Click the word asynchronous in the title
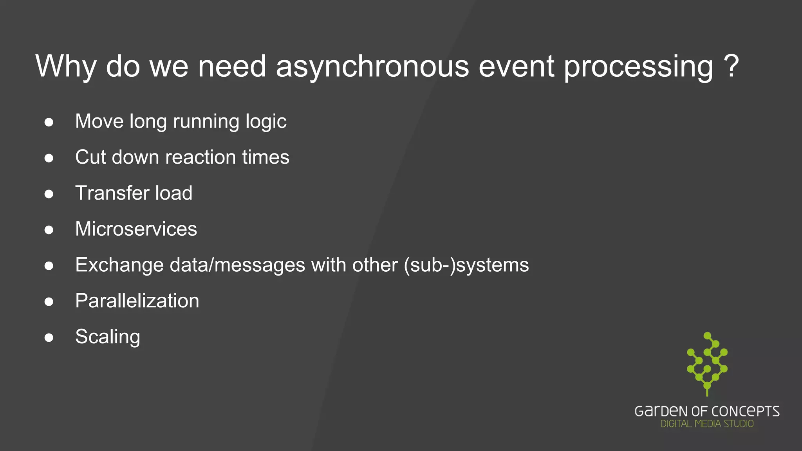pos(372,67)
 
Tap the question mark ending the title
pos(731,66)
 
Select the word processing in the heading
pos(638,67)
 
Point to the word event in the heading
pos(516,67)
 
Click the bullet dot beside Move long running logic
pos(49,122)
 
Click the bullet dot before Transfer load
pos(49,194)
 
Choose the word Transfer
pos(112,193)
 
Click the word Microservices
pos(136,229)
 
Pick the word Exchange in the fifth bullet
pos(119,265)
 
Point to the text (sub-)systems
pos(466,265)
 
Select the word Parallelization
pos(137,301)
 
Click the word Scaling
pos(108,337)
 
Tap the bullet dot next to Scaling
pos(49,337)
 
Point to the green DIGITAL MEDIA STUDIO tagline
pos(707,424)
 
